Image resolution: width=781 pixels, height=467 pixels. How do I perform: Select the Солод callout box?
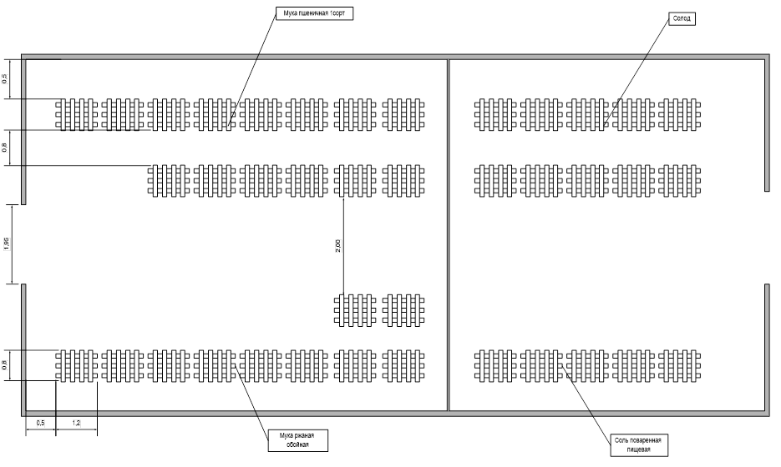coord(682,18)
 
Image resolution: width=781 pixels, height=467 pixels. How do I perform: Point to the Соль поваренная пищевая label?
coord(636,444)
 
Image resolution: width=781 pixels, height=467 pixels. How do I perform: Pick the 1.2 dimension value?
coord(76,424)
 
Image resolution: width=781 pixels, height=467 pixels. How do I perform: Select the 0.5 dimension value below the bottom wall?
coord(40,424)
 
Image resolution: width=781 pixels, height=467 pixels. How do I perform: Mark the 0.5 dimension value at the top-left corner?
coord(5,78)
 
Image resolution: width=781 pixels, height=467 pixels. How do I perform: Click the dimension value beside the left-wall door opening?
coord(6,244)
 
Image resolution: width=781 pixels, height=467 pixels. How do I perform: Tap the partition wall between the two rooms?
coord(449,233)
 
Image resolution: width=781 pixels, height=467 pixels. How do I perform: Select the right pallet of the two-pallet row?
coord(404,309)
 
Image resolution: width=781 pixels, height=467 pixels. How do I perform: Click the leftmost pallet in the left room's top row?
coord(76,114)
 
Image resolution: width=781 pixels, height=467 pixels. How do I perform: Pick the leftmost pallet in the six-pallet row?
coord(169,180)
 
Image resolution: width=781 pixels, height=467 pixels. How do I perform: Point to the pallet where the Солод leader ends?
coord(587,114)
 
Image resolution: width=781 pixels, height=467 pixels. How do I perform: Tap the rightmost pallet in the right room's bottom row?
coord(679,364)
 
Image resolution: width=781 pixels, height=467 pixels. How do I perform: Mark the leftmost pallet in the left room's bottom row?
coord(76,365)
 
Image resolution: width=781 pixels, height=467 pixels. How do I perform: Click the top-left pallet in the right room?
coord(495,114)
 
